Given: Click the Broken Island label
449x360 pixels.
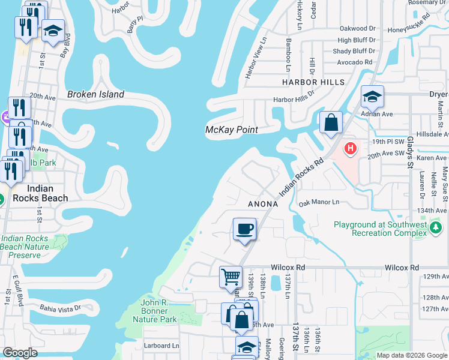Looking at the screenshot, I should coord(95,94).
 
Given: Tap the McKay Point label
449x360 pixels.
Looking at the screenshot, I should coord(231,130).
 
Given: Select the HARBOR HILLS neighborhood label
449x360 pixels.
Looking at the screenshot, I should coord(313,82).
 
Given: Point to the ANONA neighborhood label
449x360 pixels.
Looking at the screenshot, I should coord(263,204).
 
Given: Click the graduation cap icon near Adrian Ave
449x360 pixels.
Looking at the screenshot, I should coord(372,97).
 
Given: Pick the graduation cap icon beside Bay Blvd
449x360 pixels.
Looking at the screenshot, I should coord(53,31).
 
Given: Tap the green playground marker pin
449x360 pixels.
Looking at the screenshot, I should coord(436,227).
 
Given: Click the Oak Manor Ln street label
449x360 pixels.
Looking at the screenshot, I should coord(319,202).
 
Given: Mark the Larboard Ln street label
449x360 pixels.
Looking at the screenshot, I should coord(162,346).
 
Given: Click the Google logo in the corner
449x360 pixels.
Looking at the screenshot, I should coord(20,353).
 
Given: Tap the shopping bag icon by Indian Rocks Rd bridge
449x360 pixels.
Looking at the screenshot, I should coord(331,123).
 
